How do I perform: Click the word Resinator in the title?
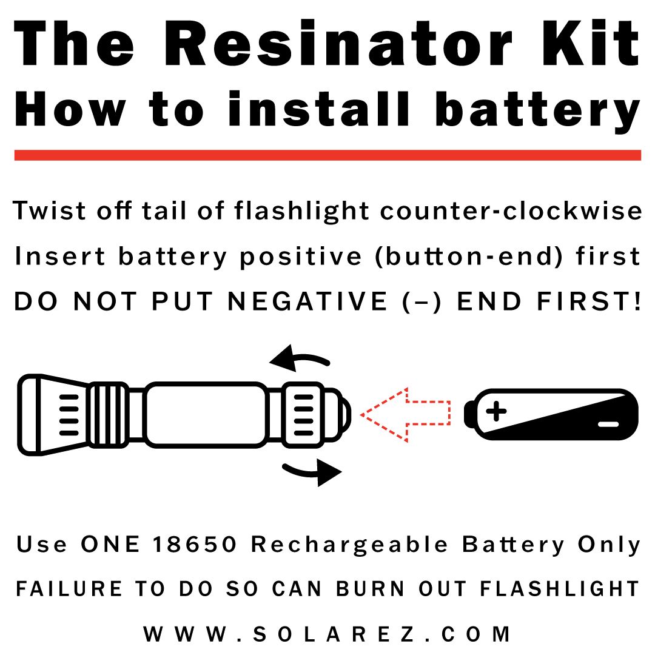(x=339, y=42)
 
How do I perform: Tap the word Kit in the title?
(x=591, y=42)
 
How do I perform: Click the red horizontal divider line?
(x=327, y=155)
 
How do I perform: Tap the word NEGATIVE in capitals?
(x=307, y=301)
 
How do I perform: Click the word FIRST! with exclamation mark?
(x=589, y=301)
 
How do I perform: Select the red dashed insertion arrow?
(x=405, y=414)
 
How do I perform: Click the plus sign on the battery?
(x=496, y=411)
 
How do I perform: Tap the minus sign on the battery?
(x=608, y=425)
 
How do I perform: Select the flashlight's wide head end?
(x=52, y=414)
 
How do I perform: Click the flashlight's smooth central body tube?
(x=206, y=414)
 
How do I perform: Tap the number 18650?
(x=195, y=544)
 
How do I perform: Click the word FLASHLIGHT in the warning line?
(x=559, y=588)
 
